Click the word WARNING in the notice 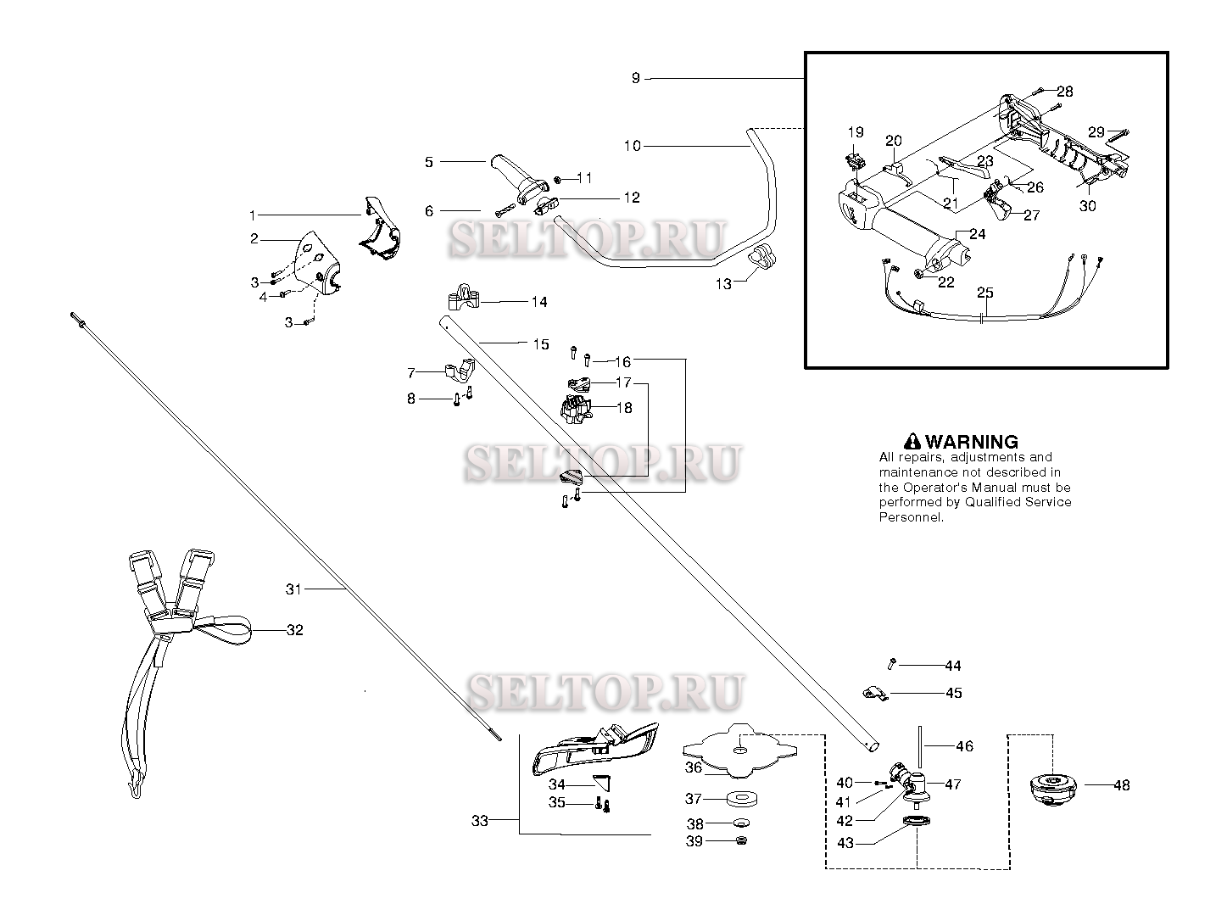point(971,442)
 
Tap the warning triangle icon point(912,442)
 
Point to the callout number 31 point(293,589)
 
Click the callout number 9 point(635,78)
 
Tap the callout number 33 point(479,821)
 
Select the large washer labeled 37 point(741,799)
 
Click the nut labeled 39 point(741,840)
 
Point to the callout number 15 point(541,344)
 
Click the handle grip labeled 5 point(515,179)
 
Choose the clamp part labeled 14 point(464,298)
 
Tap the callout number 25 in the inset point(984,293)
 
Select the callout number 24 point(977,235)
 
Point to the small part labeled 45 point(875,694)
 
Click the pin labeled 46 point(921,746)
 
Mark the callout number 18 point(624,408)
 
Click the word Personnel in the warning point(912,517)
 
